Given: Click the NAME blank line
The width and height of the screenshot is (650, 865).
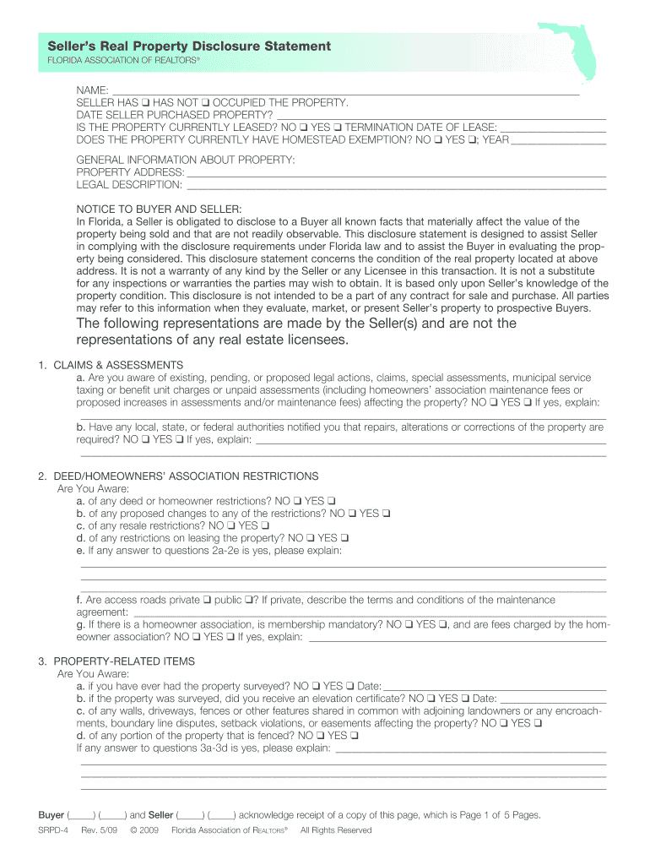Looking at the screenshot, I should pyautogui.click(x=346, y=89).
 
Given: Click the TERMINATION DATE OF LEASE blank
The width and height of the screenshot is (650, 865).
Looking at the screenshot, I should pyautogui.click(x=553, y=128).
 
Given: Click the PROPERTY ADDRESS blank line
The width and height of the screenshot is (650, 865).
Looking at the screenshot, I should pyautogui.click(x=397, y=172).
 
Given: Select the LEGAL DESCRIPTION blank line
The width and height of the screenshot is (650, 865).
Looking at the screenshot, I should pyautogui.click(x=396, y=185).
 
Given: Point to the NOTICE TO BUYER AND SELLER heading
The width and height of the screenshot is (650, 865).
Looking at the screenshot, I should pyautogui.click(x=159, y=209).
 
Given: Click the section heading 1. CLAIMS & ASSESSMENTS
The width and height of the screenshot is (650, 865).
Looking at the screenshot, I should pyautogui.click(x=111, y=365).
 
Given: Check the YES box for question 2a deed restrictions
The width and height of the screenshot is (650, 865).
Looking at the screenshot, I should pyautogui.click(x=332, y=501).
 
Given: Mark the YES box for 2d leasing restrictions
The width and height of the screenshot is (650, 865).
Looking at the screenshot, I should pyautogui.click(x=344, y=538).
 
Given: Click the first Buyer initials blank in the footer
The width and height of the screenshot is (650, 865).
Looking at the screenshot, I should pyautogui.click(x=81, y=816).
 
